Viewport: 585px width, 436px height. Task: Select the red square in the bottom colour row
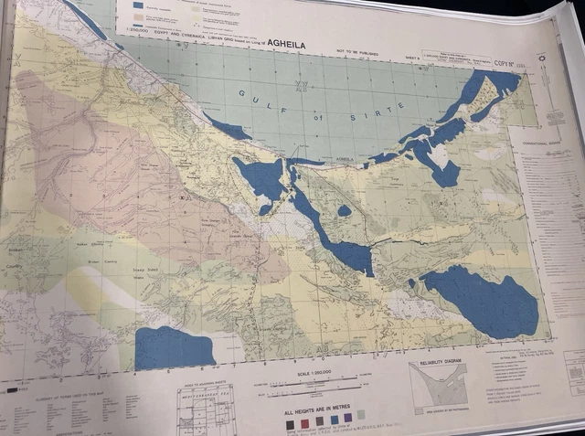pos(304,423)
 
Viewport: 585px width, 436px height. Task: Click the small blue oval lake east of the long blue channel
pos(344,210)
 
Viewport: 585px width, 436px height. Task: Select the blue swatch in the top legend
pos(138,5)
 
